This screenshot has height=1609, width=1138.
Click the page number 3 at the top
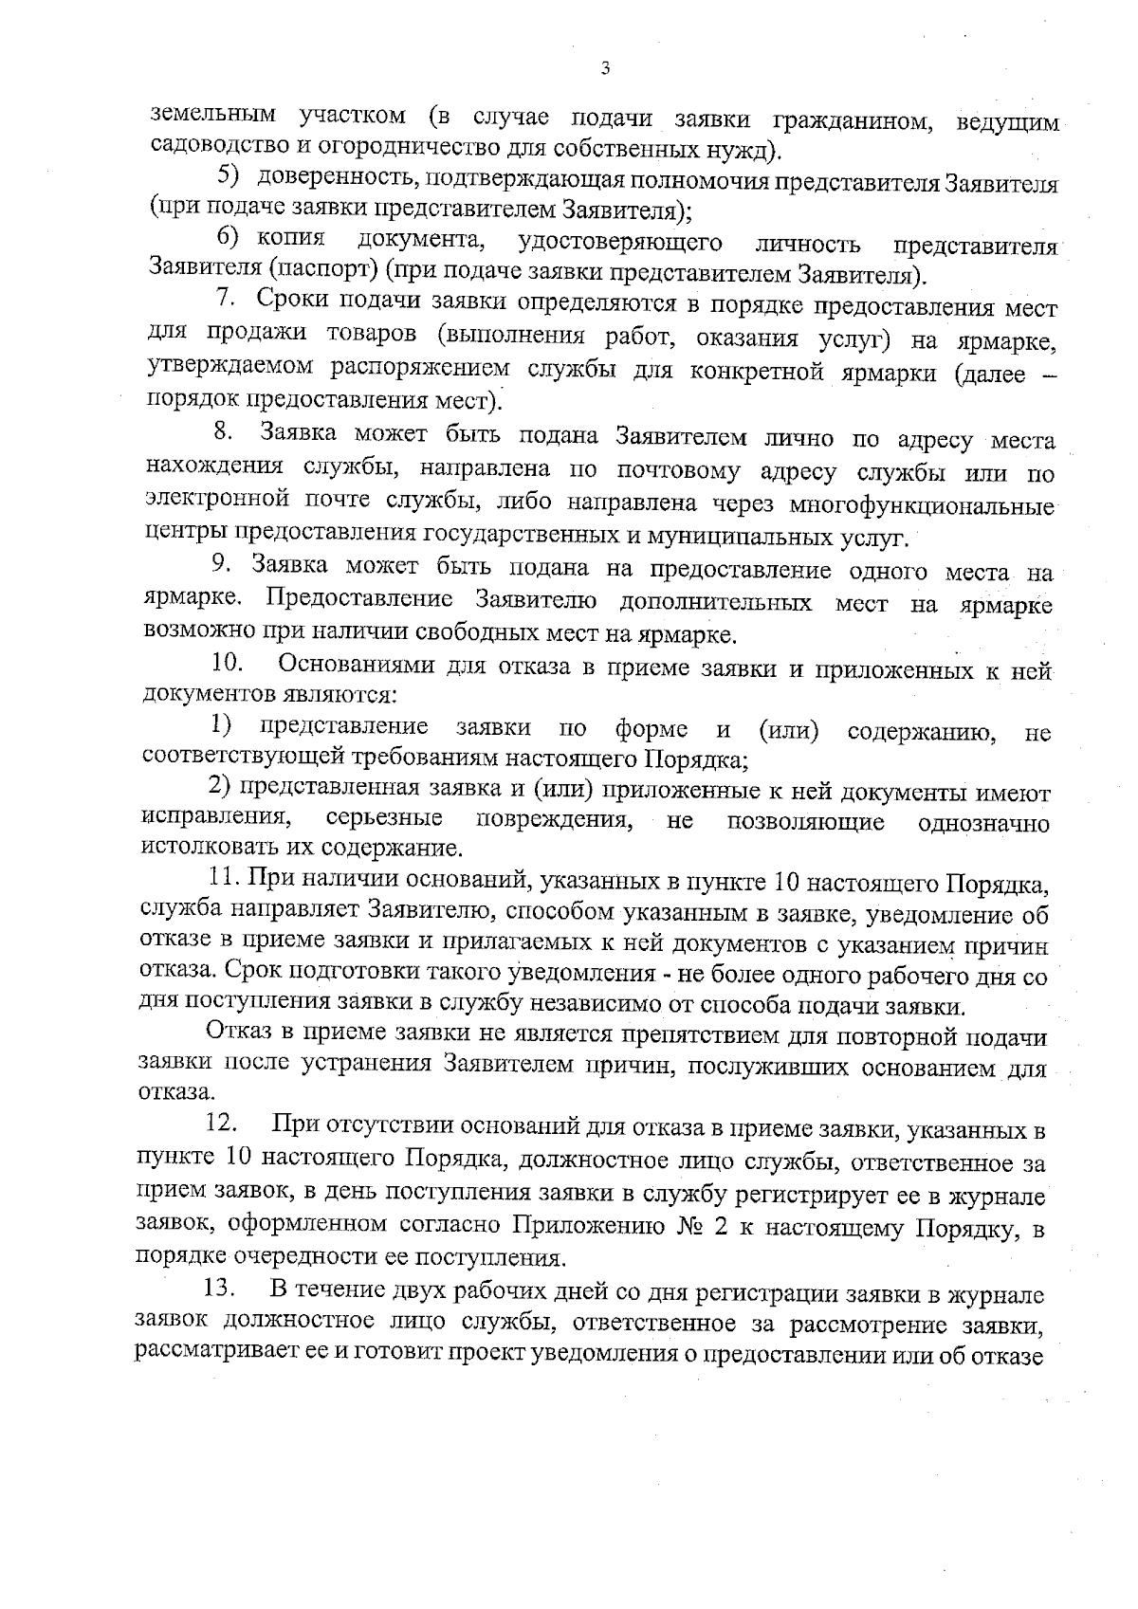click(x=605, y=68)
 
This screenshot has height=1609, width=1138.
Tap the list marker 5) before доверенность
click(x=230, y=175)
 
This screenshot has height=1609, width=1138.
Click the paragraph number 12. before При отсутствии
click(x=221, y=1124)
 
